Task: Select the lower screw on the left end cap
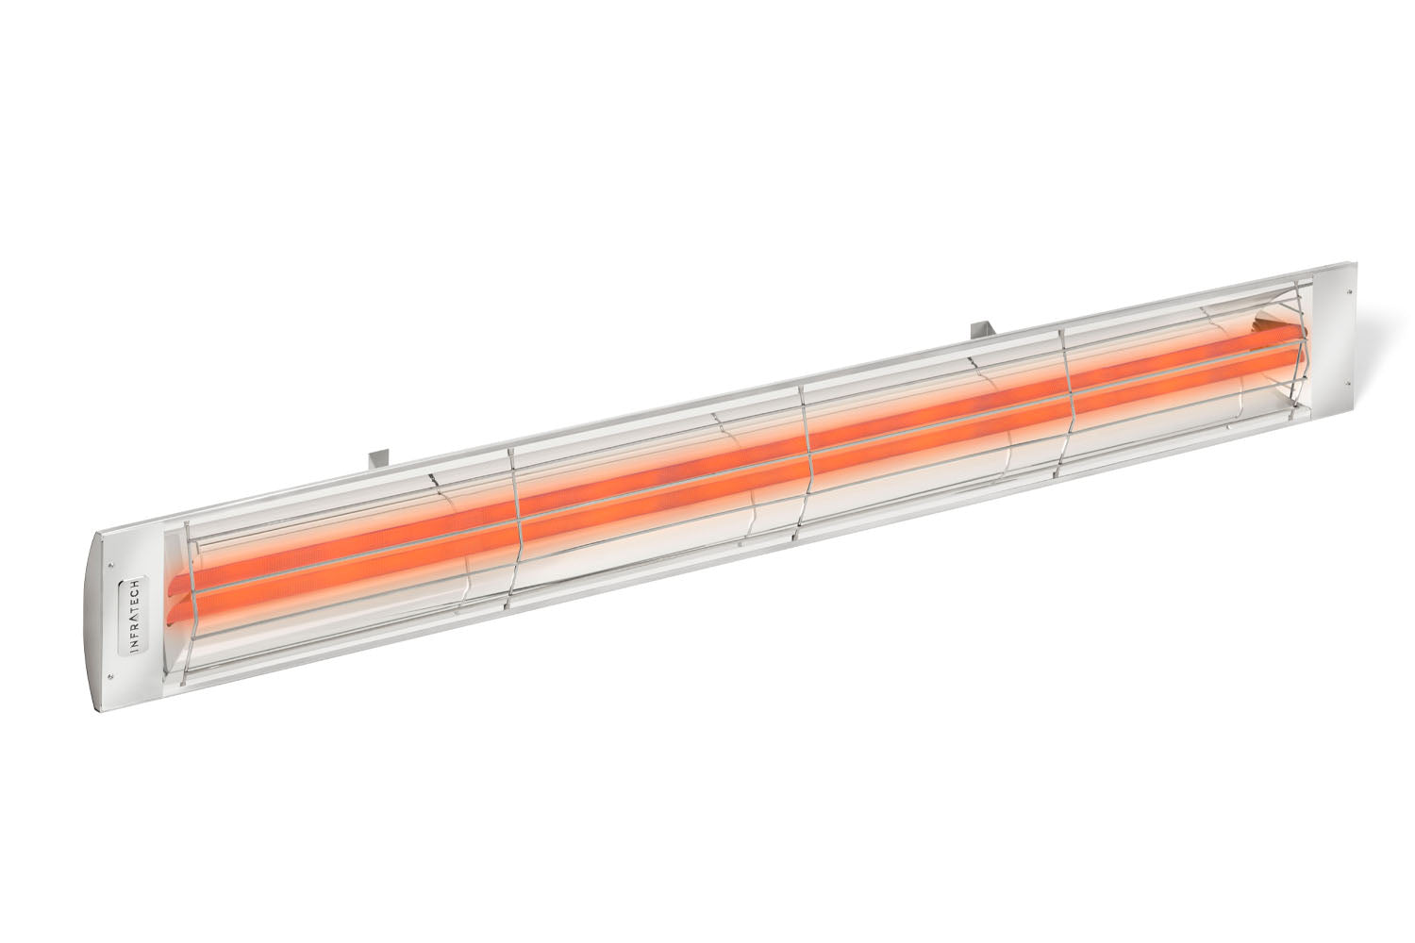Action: (x=112, y=674)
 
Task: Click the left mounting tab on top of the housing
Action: (x=376, y=459)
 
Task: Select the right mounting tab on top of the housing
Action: (x=981, y=329)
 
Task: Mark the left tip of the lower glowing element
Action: (x=172, y=618)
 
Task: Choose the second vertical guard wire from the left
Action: (x=514, y=528)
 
